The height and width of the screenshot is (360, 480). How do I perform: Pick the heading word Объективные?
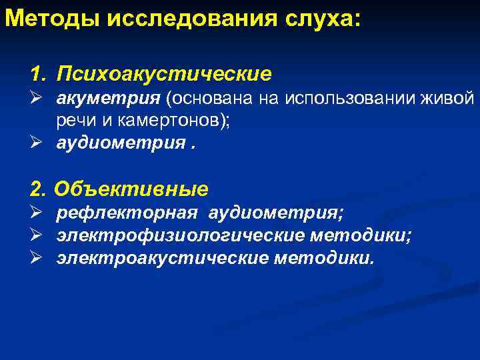click(131, 189)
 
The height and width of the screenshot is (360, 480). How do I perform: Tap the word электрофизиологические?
click(181, 236)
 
